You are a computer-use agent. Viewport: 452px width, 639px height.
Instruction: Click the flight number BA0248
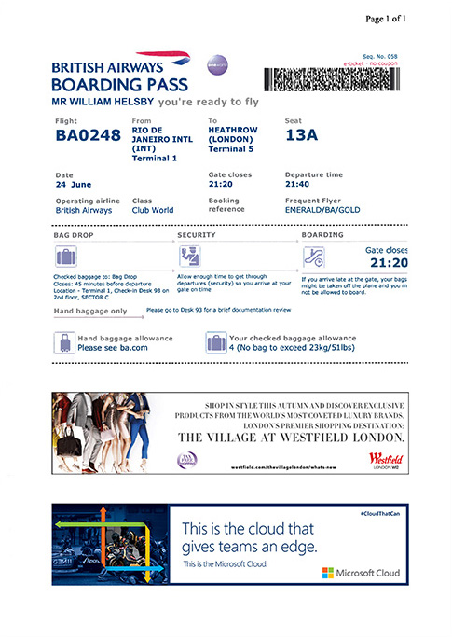(88, 136)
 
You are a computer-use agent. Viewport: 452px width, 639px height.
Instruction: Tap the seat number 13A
(301, 135)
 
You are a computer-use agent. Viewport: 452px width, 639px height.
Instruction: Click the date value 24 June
(74, 185)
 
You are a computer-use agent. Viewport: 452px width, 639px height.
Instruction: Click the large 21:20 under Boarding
(390, 264)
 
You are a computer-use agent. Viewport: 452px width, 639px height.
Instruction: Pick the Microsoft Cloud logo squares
(327, 572)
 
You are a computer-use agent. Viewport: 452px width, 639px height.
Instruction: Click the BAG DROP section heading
(74, 235)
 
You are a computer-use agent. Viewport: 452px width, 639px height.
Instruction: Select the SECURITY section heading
(197, 235)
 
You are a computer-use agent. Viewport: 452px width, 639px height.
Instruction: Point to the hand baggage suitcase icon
(65, 343)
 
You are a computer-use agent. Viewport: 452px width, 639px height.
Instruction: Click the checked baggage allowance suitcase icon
(215, 343)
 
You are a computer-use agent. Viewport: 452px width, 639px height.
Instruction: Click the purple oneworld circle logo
(217, 64)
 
